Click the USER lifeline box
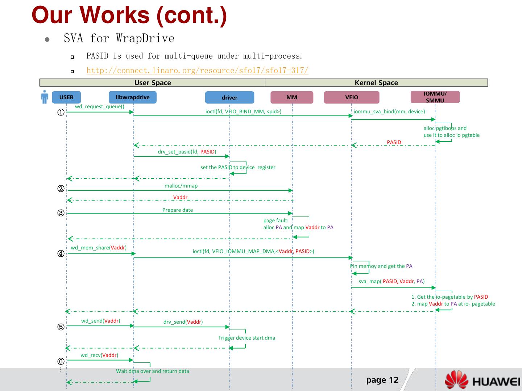[66, 97]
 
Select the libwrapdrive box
[133, 97]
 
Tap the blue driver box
[229, 97]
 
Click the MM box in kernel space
[292, 97]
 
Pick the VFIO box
[352, 97]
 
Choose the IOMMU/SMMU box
[435, 97]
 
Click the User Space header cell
[152, 83]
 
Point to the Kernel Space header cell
[376, 83]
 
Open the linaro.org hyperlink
[198, 70]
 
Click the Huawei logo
[482, 380]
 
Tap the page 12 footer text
[382, 380]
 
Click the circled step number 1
[61, 112]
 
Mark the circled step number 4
[61, 253]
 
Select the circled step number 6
[61, 361]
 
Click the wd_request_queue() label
[100, 106]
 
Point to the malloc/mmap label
[181, 186]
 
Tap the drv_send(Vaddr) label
[183, 322]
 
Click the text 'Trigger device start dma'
[246, 338]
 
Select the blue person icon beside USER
[45, 97]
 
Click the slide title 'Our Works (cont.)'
[129, 15]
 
